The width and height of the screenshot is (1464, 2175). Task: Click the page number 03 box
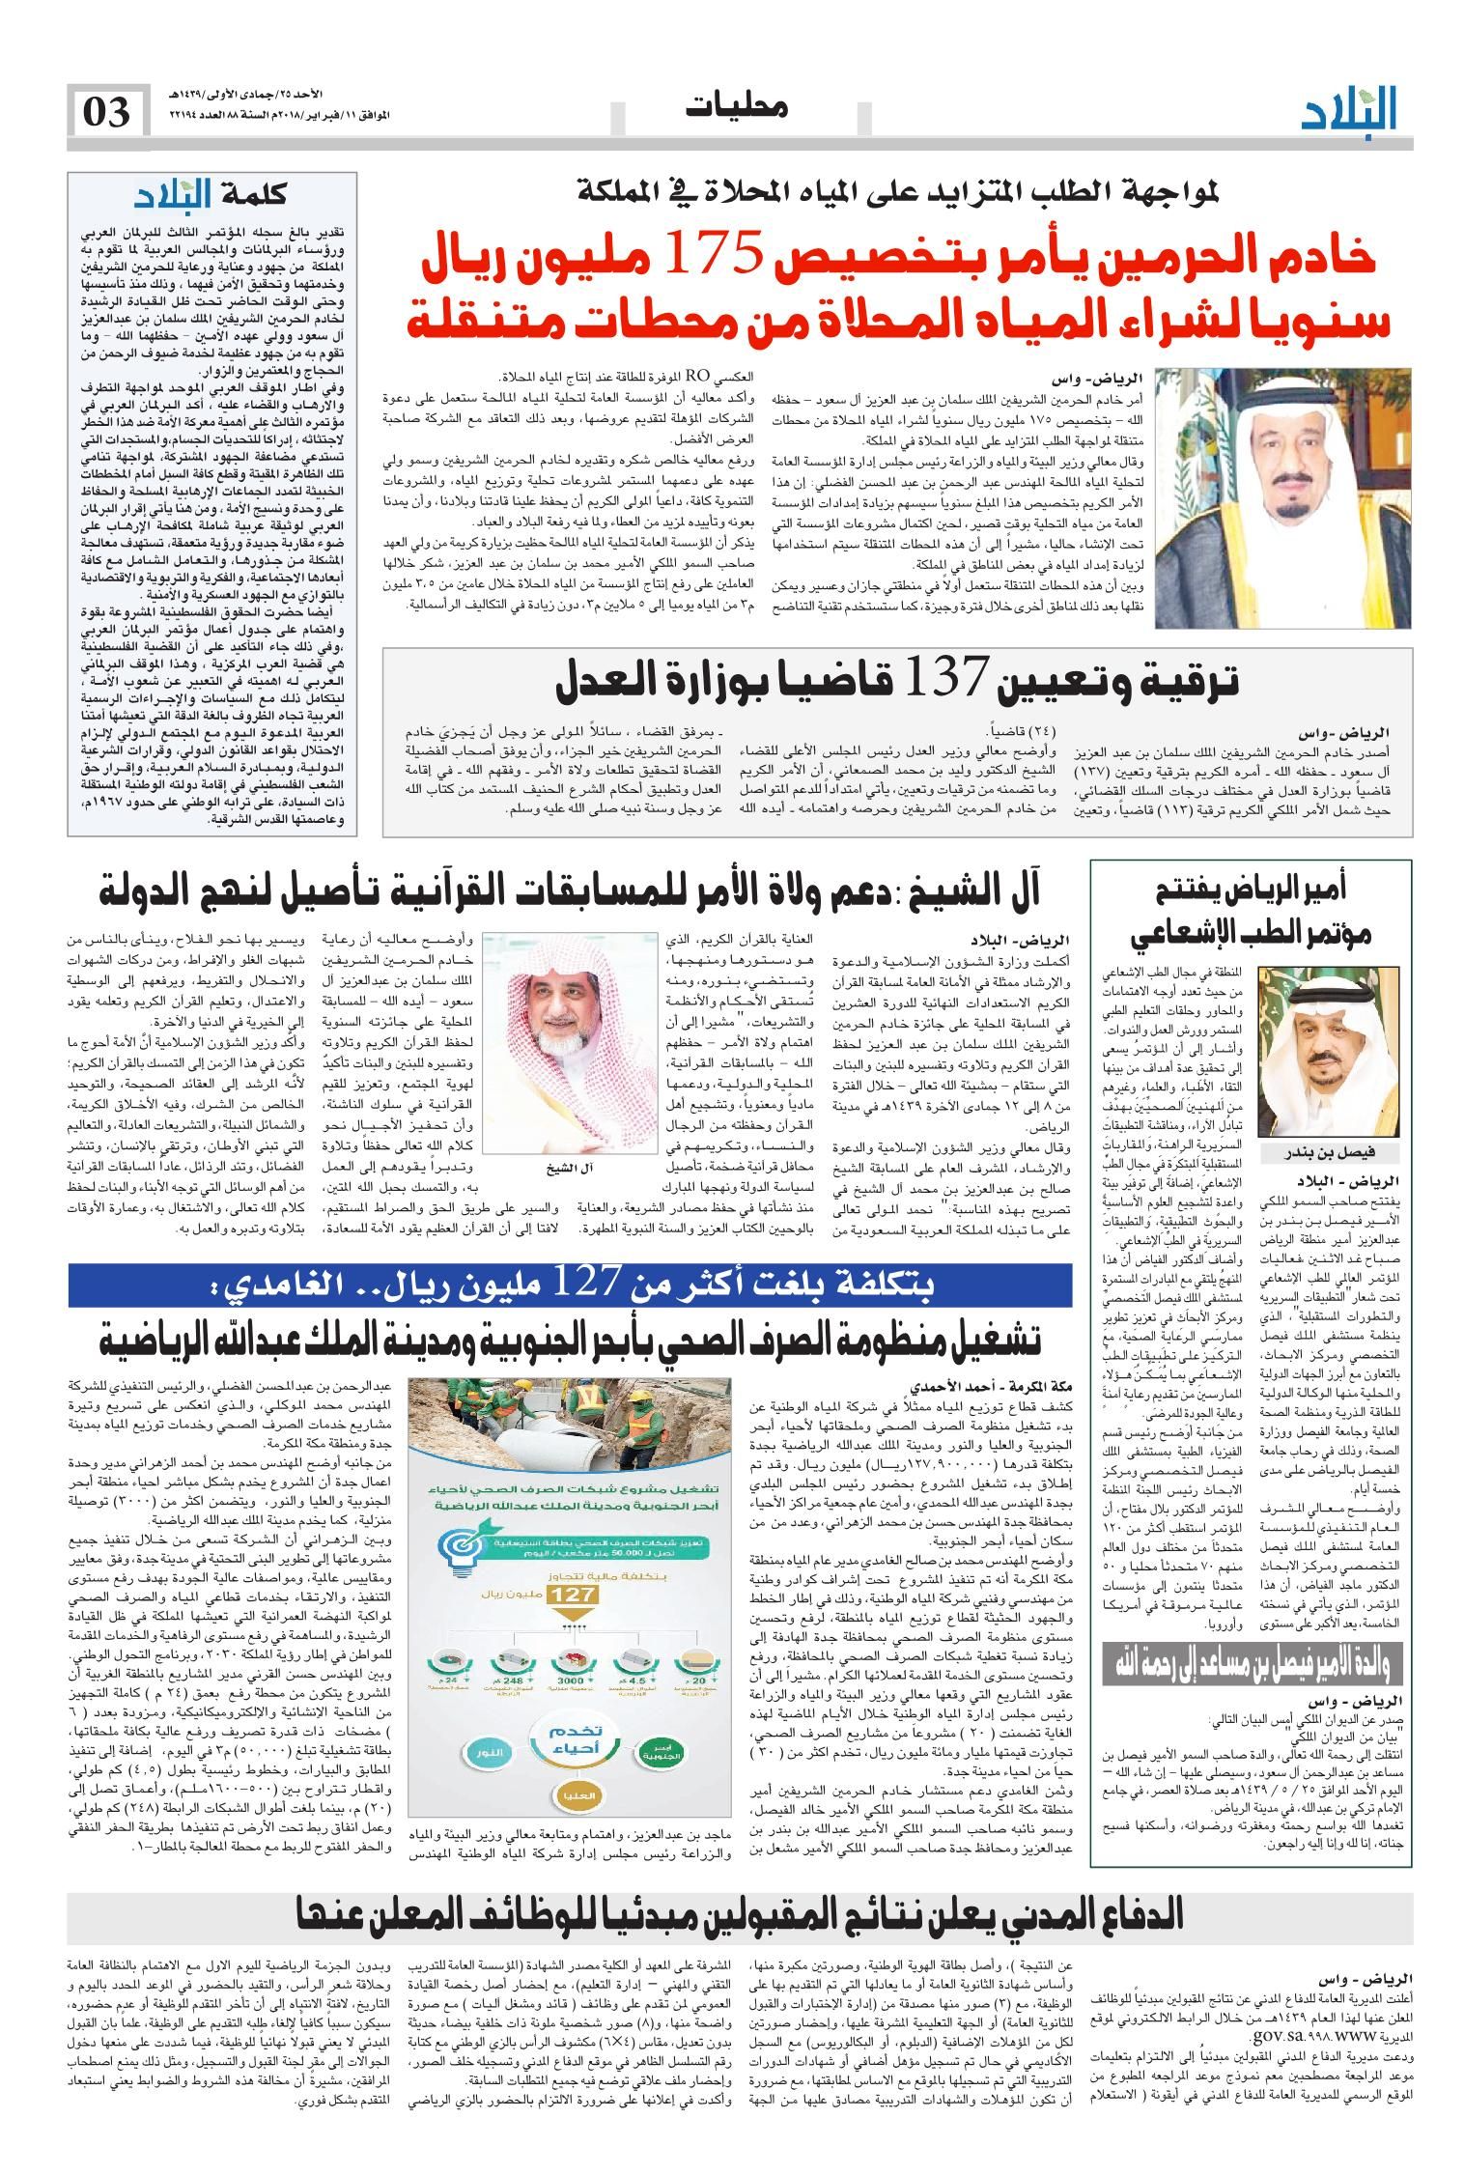pyautogui.click(x=109, y=112)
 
